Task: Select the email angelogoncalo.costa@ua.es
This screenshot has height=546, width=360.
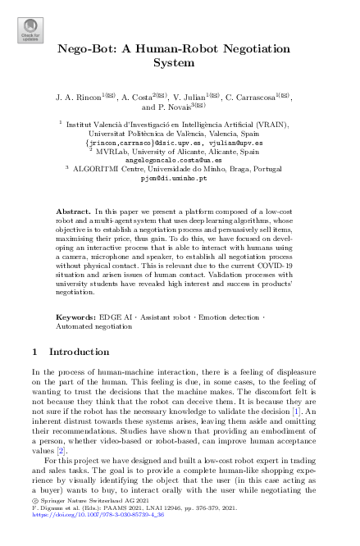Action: pyautogui.click(x=184, y=159)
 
